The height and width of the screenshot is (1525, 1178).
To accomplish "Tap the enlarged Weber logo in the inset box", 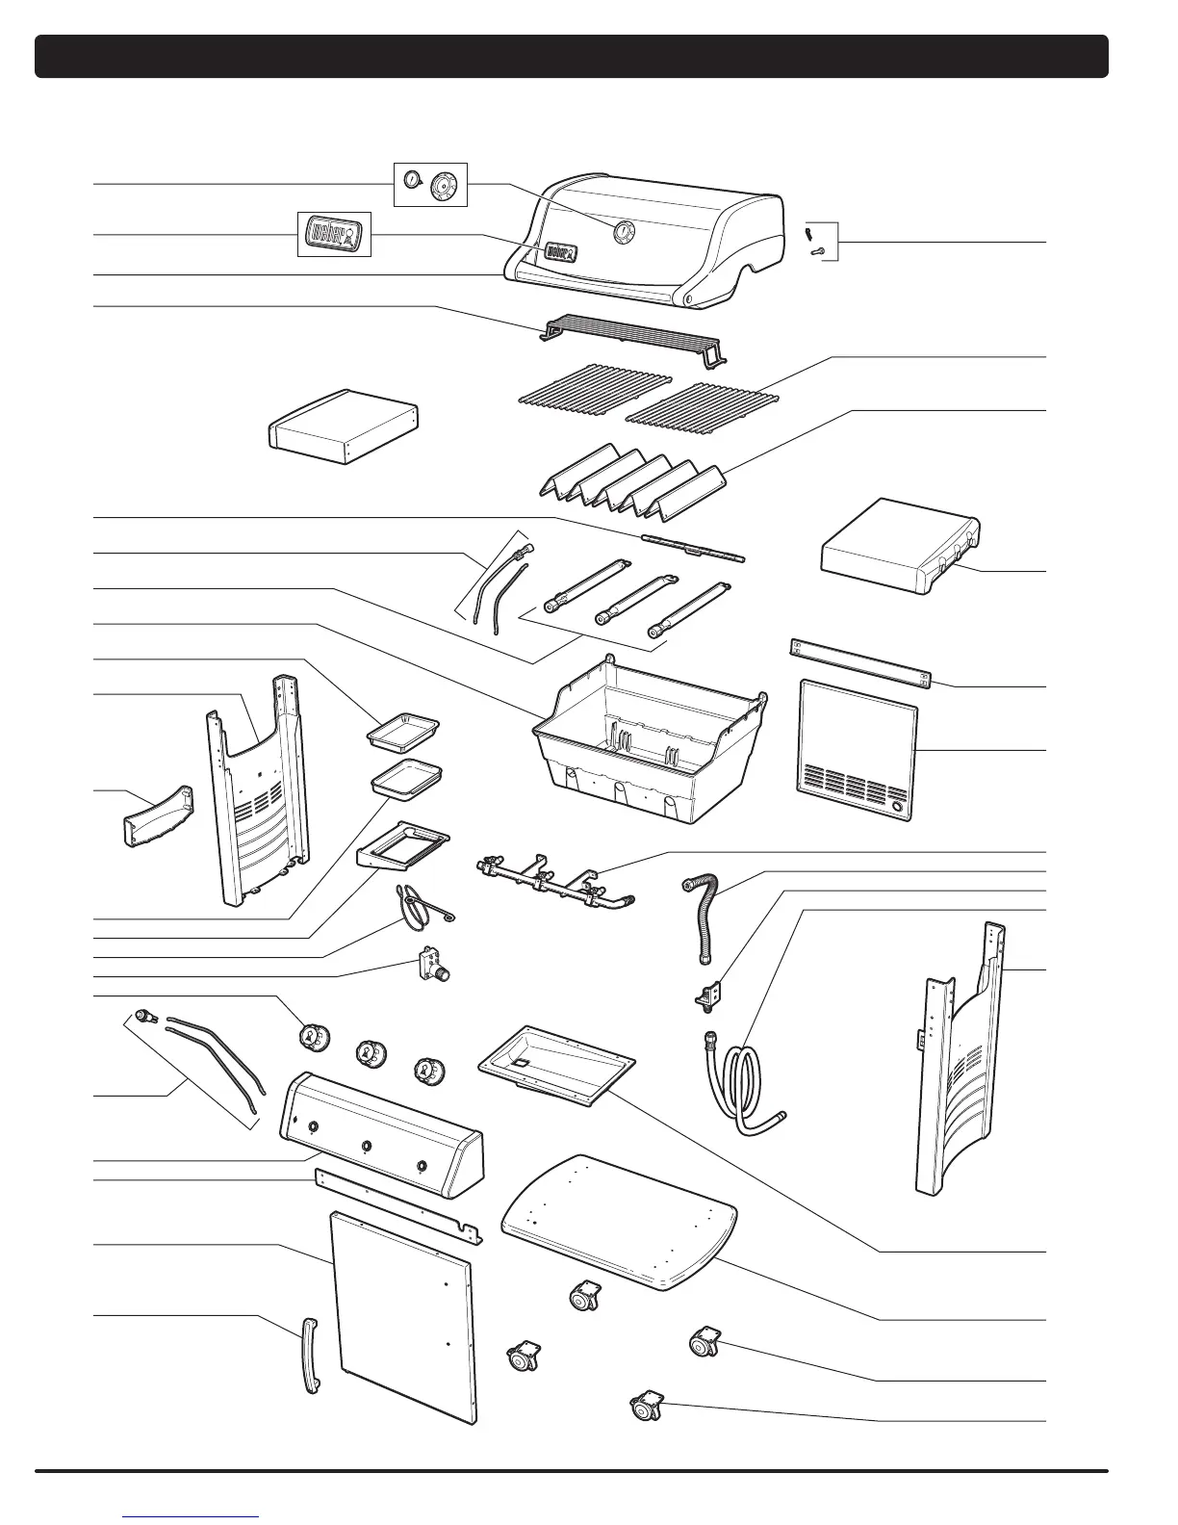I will point(332,235).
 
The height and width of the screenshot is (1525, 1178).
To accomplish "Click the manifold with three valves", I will point(552,881).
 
